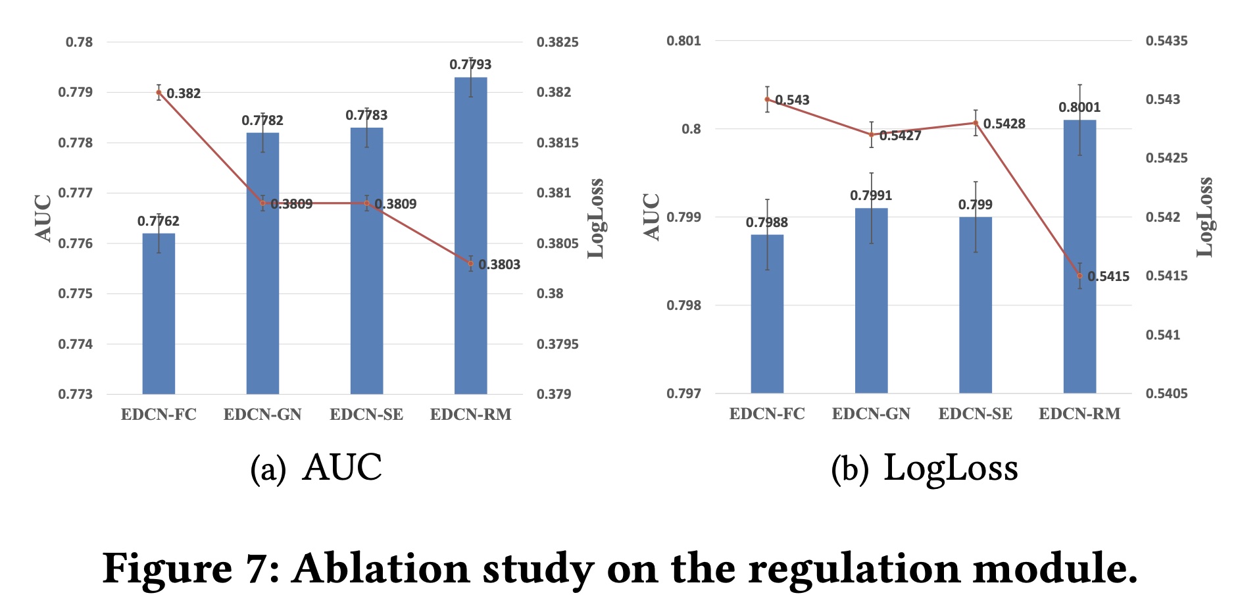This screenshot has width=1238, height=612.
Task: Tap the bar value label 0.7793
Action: click(470, 64)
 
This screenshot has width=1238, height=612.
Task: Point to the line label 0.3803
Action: click(499, 265)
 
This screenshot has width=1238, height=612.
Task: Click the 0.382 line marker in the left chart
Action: click(159, 92)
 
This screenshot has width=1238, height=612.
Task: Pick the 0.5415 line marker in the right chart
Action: click(1079, 276)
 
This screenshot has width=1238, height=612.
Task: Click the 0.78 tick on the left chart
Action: click(80, 42)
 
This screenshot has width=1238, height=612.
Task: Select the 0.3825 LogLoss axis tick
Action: click(557, 42)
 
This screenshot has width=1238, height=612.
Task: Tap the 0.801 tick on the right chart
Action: click(683, 41)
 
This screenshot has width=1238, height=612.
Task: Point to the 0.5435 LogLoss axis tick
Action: click(1166, 41)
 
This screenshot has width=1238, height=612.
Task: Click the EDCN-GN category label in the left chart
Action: click(262, 415)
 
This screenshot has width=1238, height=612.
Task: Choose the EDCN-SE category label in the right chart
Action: click(975, 414)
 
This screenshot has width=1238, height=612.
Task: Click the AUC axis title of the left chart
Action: click(43, 218)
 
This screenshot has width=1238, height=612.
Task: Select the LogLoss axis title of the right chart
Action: click(1205, 217)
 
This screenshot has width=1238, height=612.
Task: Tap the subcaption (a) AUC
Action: click(316, 469)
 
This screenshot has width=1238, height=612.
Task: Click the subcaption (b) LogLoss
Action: click(924, 469)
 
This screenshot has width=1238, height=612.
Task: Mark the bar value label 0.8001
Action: click(1079, 107)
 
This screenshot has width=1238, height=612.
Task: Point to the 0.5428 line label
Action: click(1004, 124)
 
